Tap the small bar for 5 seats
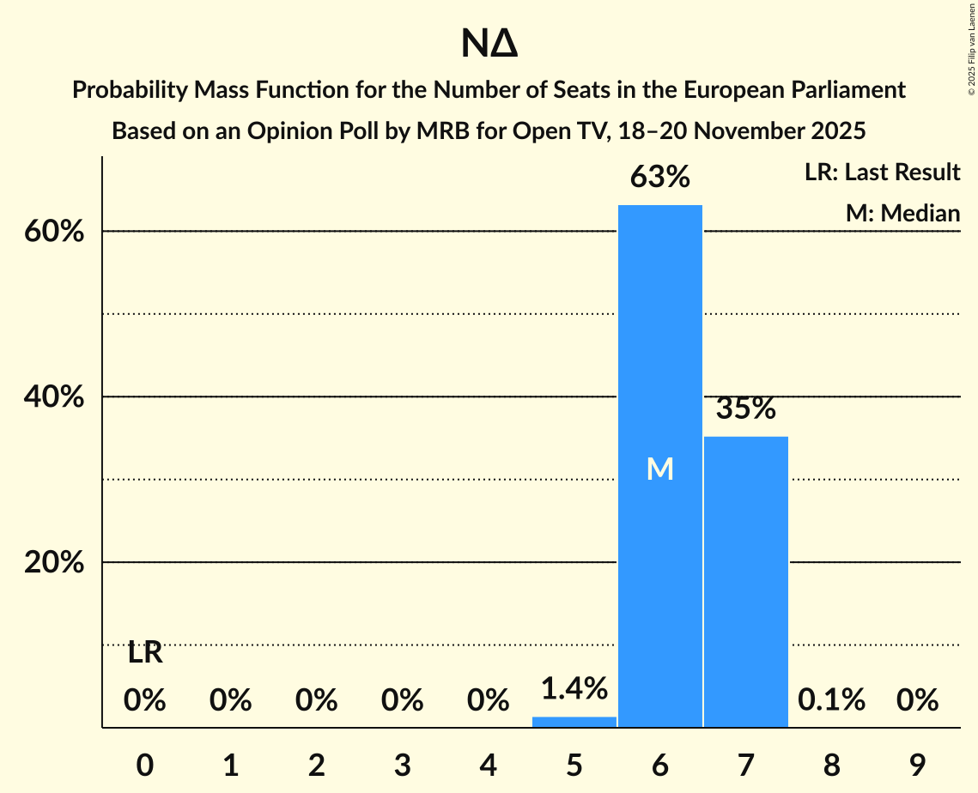574,722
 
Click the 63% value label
659,178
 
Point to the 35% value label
745,409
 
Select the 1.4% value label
574,688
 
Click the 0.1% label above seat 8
831,700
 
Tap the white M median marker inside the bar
659,469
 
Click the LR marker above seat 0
145,653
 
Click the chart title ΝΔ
489,45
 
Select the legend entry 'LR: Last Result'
882,173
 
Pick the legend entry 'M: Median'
902,213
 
